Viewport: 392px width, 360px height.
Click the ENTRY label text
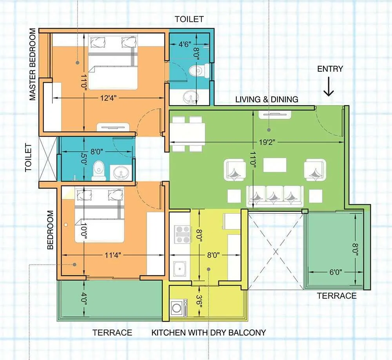point(330,69)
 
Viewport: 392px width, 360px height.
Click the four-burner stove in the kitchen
point(182,235)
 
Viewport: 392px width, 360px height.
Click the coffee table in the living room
point(274,165)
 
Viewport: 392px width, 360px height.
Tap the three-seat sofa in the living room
point(274,196)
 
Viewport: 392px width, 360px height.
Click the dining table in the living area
point(188,134)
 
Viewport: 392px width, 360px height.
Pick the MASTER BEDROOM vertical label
point(32,65)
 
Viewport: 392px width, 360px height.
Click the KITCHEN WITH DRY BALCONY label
point(209,333)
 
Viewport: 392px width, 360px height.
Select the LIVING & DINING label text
point(267,99)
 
